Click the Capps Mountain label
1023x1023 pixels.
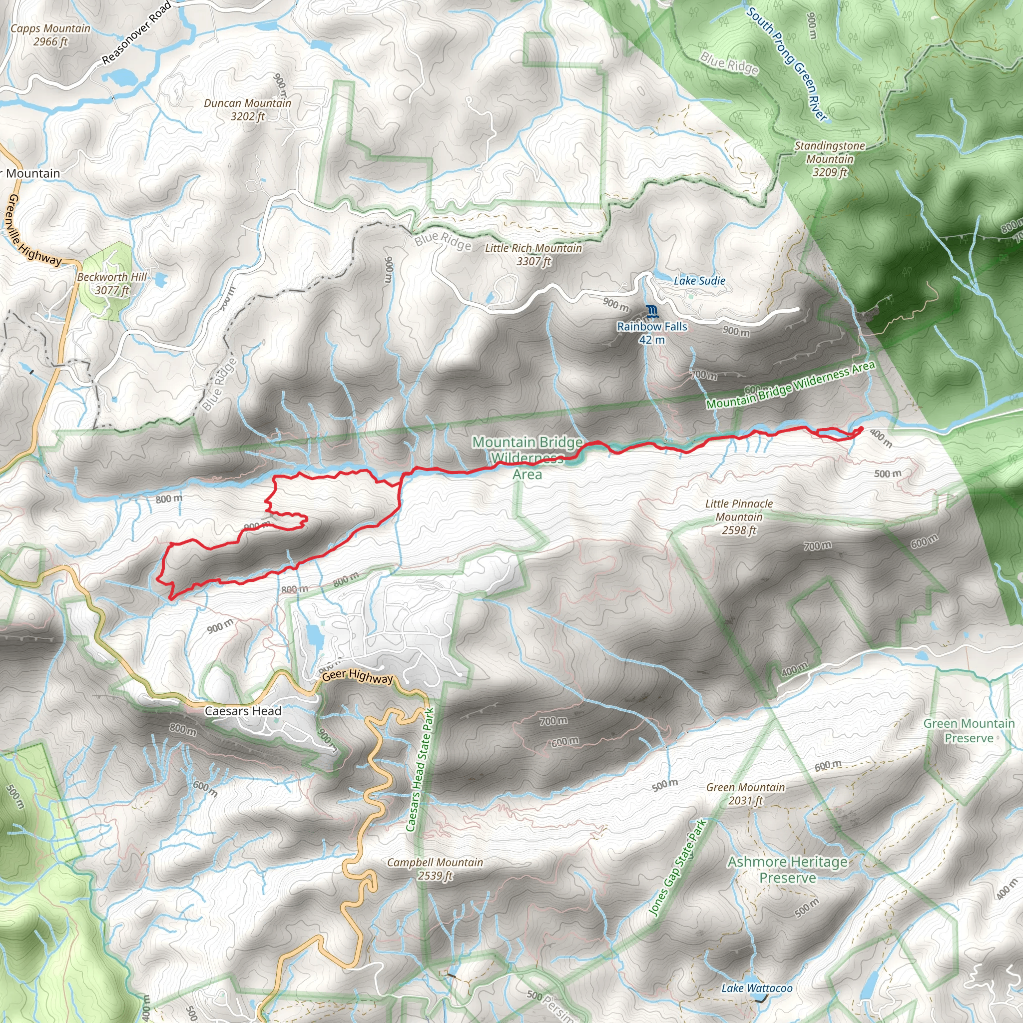click(50, 35)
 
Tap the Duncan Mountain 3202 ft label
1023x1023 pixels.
click(247, 109)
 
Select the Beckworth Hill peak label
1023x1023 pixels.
click(112, 283)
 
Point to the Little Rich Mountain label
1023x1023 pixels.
click(533, 254)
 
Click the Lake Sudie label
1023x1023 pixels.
click(699, 281)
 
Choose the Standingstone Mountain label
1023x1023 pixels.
click(830, 158)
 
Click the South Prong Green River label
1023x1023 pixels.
click(786, 63)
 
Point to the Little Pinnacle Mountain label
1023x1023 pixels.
click(739, 517)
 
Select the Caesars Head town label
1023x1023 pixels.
click(243, 711)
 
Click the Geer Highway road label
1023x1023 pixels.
click(358, 676)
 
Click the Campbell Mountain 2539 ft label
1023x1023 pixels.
click(435, 869)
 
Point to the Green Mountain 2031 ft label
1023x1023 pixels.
click(746, 794)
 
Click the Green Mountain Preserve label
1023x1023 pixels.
click(969, 731)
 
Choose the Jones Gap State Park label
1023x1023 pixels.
click(678, 867)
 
